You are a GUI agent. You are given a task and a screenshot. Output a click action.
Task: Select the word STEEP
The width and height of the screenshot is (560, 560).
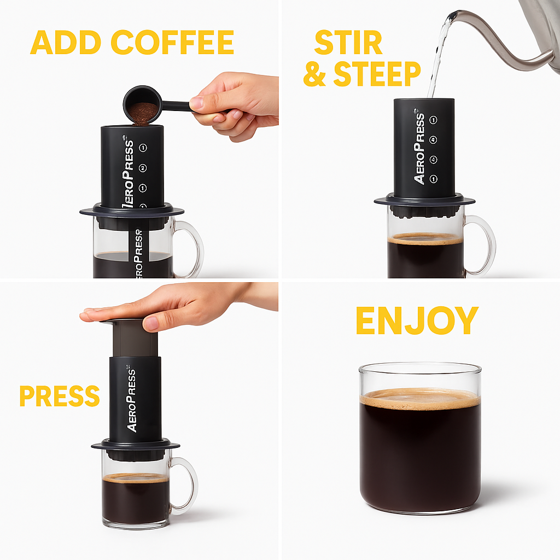(x=377, y=74)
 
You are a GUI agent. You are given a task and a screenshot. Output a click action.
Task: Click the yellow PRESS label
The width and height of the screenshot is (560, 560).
(x=59, y=396)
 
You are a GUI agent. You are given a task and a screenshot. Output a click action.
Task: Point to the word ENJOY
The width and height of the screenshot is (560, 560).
(x=417, y=321)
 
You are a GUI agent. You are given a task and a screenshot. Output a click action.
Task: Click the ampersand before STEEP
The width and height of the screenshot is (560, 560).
(x=315, y=75)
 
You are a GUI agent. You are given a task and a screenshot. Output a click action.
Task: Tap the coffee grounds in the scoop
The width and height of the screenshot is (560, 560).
(x=143, y=110)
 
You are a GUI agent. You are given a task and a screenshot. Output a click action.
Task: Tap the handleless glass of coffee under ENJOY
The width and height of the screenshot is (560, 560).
(x=420, y=437)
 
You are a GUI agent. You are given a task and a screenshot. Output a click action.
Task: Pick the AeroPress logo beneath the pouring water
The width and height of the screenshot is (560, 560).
(x=419, y=148)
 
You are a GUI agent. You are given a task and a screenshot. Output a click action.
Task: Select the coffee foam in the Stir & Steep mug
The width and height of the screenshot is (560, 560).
(x=425, y=239)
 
